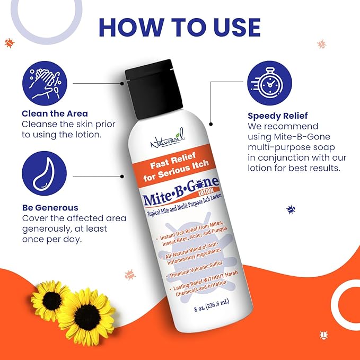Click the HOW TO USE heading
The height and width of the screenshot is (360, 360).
179,28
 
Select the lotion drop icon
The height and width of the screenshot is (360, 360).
44,173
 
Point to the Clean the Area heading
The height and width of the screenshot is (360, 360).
55,113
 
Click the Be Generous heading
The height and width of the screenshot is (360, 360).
50,207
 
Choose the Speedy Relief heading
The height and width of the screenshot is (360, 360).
277,115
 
